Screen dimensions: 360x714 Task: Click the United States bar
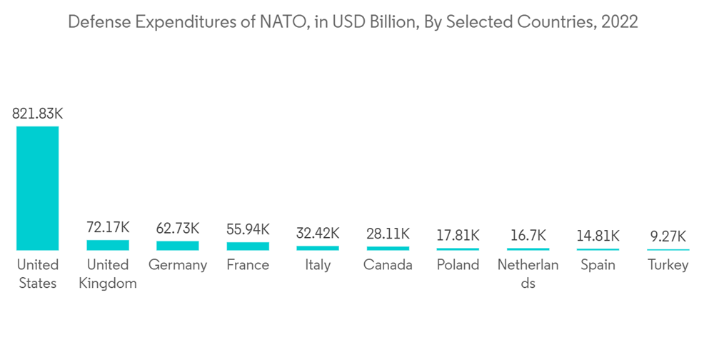37,188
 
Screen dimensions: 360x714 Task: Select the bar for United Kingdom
108,245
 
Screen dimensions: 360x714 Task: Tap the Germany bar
178,246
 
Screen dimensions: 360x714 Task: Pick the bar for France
248,246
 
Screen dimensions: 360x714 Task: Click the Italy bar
318,248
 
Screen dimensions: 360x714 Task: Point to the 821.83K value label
37,114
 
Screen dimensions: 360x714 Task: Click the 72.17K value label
108,228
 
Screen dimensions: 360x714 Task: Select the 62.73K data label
178,229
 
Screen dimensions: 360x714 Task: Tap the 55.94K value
248,229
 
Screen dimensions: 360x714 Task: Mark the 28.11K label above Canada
388,234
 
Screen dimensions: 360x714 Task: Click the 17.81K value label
458,235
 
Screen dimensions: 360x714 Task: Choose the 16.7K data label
528,235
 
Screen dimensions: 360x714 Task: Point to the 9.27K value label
668,236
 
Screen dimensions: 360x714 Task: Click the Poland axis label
458,265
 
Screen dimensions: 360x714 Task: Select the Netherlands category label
528,274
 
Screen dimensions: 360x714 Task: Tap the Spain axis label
598,265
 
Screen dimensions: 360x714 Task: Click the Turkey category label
668,265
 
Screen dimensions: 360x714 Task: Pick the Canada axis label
388,265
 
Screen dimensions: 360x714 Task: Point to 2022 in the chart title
620,22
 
